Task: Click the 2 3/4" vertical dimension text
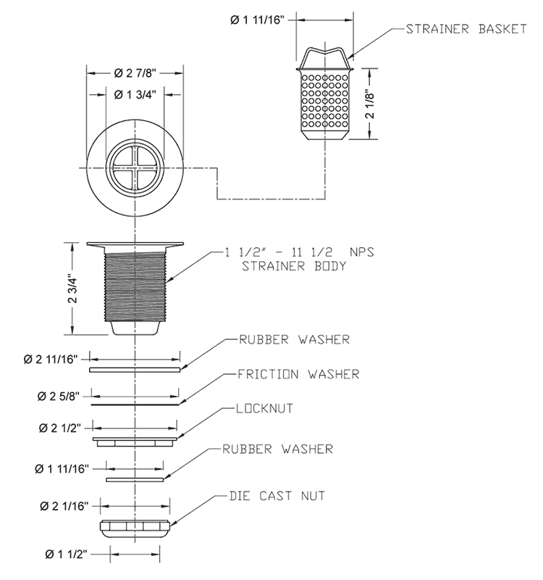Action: coord(72,289)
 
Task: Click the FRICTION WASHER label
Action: coord(298,375)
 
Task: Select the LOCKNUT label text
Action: coord(265,408)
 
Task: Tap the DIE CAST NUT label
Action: coord(277,496)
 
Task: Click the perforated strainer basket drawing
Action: coord(324,101)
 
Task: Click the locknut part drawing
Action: coord(135,439)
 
